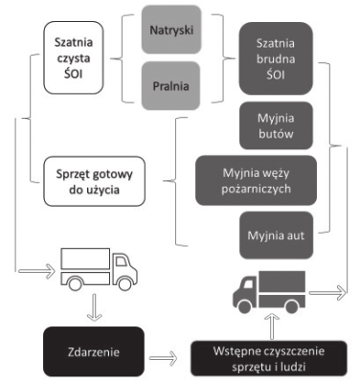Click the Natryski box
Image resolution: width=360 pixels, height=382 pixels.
(x=171, y=30)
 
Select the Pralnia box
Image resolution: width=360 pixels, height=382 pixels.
(x=170, y=86)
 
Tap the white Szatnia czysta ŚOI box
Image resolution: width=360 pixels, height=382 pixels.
(x=74, y=57)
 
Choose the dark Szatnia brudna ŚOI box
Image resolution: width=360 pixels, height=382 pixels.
(x=276, y=58)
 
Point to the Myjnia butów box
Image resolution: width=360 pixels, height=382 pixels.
(x=276, y=125)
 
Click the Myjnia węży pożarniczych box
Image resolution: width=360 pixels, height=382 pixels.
(x=256, y=181)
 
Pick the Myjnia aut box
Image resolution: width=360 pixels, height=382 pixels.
(x=276, y=236)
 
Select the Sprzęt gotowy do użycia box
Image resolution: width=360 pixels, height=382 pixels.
(x=95, y=181)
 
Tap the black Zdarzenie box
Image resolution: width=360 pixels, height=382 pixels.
(x=94, y=351)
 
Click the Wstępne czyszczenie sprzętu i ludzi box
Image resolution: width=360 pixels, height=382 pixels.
(x=269, y=358)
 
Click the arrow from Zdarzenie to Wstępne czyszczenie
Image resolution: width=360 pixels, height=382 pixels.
(x=163, y=358)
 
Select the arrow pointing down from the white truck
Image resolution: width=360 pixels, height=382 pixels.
(x=95, y=307)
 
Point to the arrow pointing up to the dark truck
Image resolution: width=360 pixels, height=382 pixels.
(x=272, y=326)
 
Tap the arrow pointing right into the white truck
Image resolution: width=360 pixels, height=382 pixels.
(x=37, y=271)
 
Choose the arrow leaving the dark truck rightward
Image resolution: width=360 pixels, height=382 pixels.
(x=327, y=293)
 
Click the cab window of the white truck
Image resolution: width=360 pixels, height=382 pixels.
(x=121, y=261)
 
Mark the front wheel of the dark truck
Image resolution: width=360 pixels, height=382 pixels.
(x=244, y=306)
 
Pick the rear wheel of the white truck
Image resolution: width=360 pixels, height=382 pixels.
(x=76, y=283)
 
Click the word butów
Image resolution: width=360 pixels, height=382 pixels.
(x=276, y=133)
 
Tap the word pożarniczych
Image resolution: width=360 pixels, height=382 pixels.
(x=256, y=189)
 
